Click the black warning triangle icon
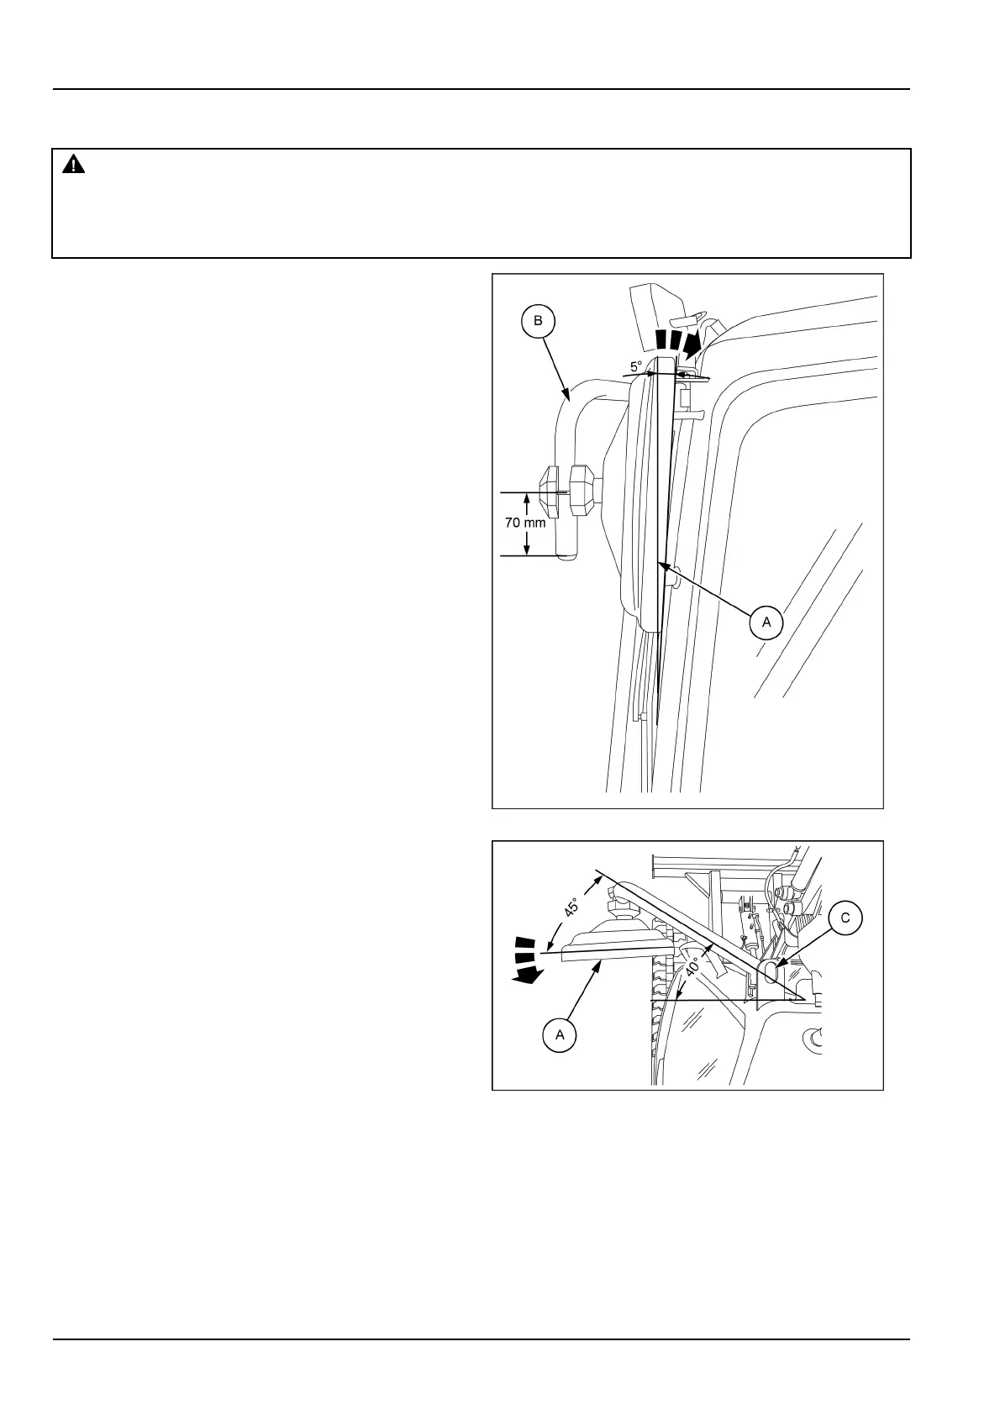[74, 165]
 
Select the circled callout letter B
[539, 320]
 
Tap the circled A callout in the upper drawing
[766, 622]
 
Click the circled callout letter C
[845, 918]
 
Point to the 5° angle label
[636, 366]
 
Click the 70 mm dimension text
[525, 523]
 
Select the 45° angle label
[571, 908]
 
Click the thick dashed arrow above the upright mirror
[678, 341]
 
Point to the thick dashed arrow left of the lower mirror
[528, 958]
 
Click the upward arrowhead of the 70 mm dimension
[527, 499]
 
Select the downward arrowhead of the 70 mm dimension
[527, 549]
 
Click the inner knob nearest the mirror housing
[582, 491]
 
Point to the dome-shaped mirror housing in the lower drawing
[623, 932]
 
